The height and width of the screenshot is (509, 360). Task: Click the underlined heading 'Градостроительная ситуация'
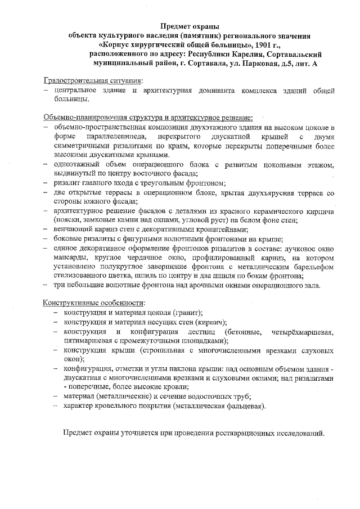coord(93,81)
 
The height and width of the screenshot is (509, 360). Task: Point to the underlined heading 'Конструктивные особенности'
coord(92,303)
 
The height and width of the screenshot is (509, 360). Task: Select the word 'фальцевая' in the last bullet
coord(242,405)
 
